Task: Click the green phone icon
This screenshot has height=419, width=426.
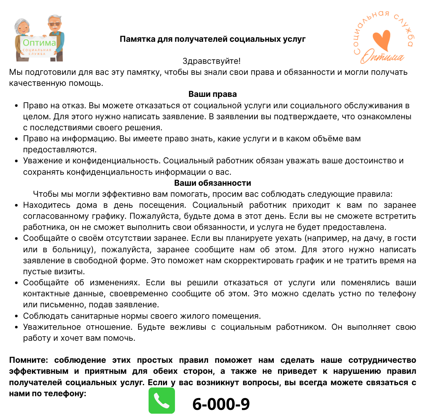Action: tap(162, 400)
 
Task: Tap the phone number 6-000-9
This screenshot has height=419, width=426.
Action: tap(221, 404)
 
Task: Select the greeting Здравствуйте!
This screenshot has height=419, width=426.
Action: tap(211, 61)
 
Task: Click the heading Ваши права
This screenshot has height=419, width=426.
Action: tap(213, 94)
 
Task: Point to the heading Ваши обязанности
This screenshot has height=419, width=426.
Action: tap(213, 183)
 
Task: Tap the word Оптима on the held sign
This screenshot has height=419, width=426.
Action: tap(39, 43)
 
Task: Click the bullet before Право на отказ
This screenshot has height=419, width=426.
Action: tap(16, 106)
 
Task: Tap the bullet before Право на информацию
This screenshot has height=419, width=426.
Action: tap(16, 139)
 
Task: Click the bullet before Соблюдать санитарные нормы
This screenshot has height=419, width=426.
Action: tap(16, 316)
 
